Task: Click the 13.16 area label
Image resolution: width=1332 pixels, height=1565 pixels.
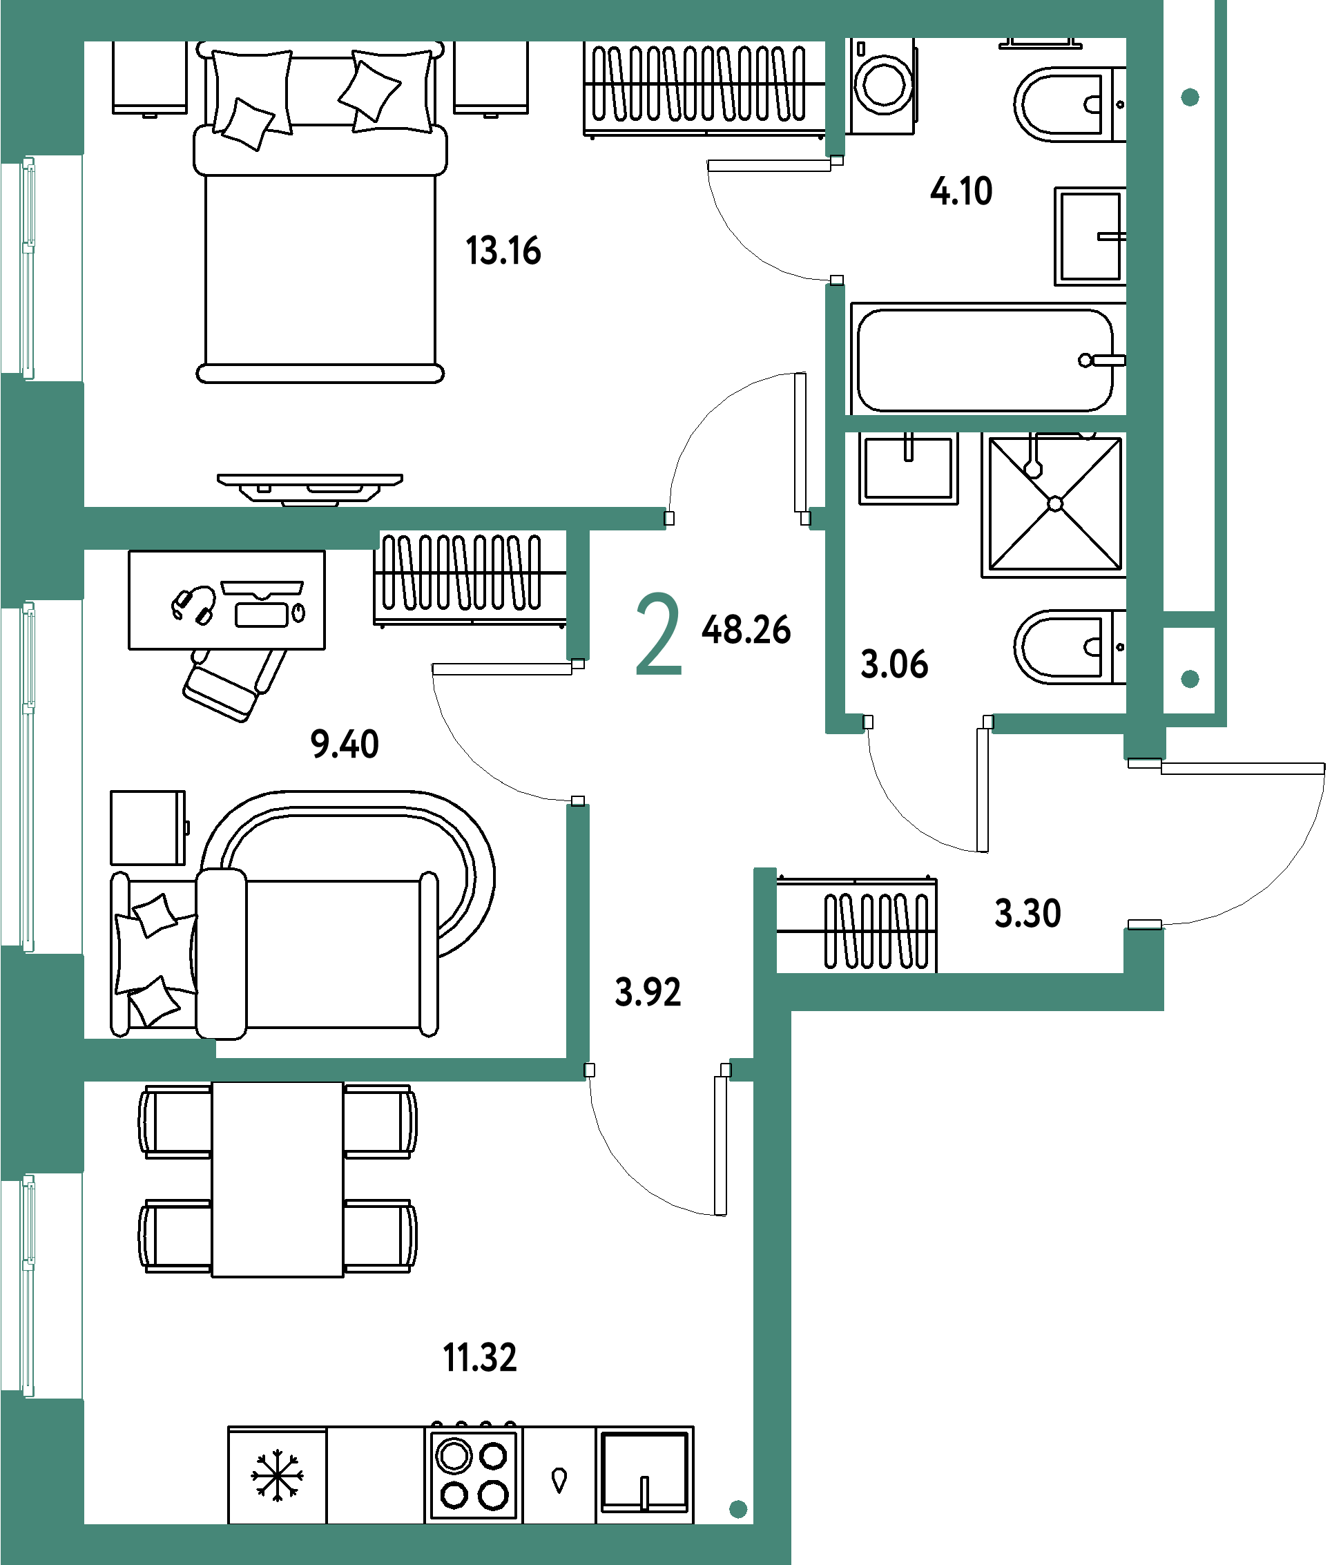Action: pos(503,251)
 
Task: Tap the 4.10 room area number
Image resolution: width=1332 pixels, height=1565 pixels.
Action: pos(961,191)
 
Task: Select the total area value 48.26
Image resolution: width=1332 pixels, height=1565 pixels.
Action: pos(746,629)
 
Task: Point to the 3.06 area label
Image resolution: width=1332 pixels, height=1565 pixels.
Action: pos(894,664)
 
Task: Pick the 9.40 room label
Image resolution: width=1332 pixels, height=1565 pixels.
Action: pos(345,743)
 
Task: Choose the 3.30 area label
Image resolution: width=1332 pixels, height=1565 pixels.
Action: pos(1027,912)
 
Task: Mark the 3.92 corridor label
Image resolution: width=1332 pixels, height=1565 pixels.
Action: pos(648,992)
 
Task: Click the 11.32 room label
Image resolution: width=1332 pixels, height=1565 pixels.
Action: pos(480,1357)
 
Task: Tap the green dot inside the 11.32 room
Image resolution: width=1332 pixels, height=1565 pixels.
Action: pos(737,1509)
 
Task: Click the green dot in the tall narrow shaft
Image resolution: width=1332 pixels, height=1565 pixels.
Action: pos(1190,97)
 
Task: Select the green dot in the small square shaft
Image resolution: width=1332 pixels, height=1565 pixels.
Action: pos(1190,679)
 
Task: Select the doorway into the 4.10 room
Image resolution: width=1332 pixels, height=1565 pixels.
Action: pos(835,220)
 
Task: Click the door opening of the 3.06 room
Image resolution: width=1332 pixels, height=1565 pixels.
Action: pos(928,723)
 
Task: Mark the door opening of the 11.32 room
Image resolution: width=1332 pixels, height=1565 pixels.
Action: pos(657,1070)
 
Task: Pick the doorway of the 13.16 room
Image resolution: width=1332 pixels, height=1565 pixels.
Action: pos(737,518)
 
